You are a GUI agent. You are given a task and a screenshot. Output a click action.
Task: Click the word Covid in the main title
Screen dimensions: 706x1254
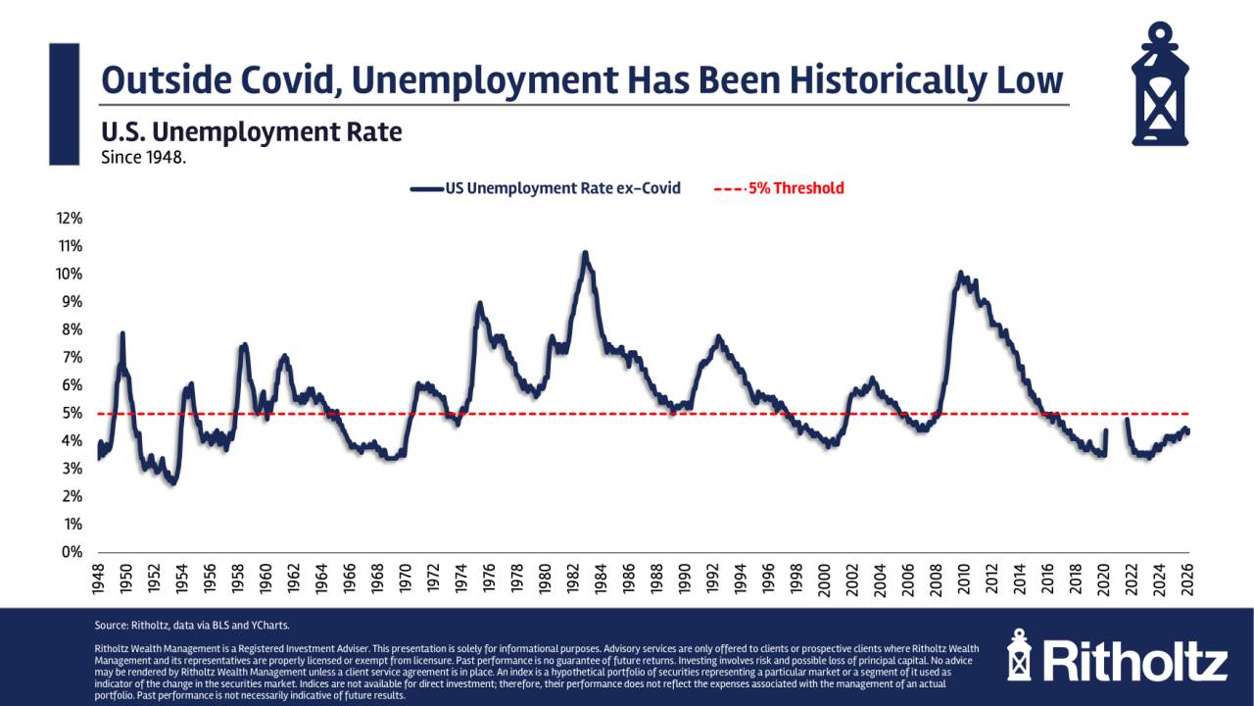click(x=285, y=80)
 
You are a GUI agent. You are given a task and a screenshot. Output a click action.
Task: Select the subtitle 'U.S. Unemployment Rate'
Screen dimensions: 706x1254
click(x=251, y=131)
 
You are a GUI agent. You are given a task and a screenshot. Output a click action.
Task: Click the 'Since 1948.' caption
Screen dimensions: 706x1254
click(x=143, y=156)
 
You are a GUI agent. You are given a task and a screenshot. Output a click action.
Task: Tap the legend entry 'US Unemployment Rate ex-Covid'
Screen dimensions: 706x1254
click(x=546, y=188)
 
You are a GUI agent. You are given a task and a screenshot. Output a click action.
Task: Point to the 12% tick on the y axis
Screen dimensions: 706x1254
click(x=71, y=218)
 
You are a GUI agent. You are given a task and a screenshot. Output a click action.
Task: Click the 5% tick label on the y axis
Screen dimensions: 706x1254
click(x=73, y=413)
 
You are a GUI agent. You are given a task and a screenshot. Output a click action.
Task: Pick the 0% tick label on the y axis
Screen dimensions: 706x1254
click(x=73, y=552)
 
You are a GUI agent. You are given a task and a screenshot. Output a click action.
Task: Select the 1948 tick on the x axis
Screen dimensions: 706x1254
click(x=99, y=580)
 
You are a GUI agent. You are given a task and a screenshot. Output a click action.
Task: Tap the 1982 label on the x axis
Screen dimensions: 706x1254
click(x=572, y=580)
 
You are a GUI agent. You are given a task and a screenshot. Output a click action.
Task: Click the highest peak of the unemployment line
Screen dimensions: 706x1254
click(x=585, y=253)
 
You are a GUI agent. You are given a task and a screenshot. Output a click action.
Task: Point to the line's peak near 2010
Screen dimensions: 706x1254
click(x=960, y=273)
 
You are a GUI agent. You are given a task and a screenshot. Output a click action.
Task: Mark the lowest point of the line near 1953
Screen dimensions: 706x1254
click(x=172, y=482)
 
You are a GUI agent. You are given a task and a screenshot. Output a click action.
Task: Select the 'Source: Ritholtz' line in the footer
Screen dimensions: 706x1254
click(x=179, y=625)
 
